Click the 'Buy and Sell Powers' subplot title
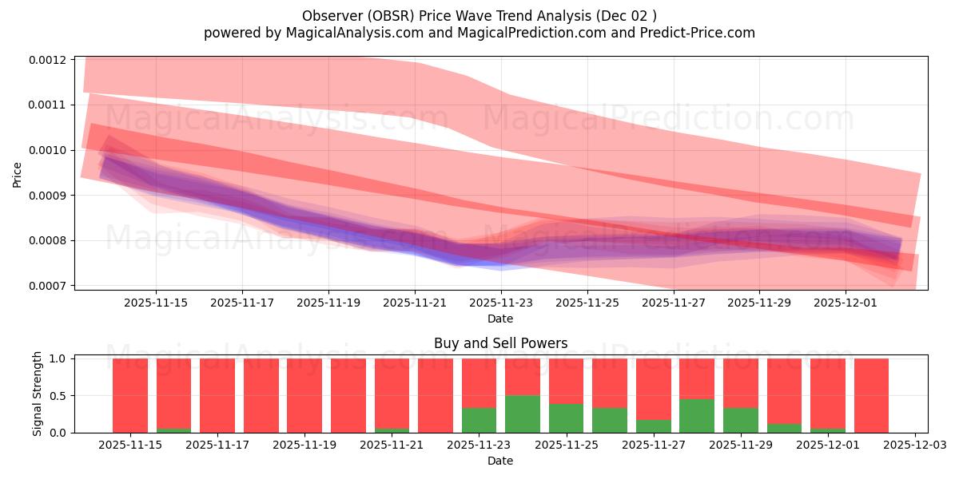click(500, 344)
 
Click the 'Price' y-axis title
click(18, 173)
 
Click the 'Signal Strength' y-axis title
click(37, 395)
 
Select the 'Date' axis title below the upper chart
click(500, 319)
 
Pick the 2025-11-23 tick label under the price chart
click(501, 303)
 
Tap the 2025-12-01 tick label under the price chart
click(846, 303)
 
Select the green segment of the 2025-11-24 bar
click(522, 414)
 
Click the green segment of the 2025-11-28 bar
click(696, 416)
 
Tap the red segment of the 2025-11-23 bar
click(479, 383)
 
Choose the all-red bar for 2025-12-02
click(871, 396)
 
